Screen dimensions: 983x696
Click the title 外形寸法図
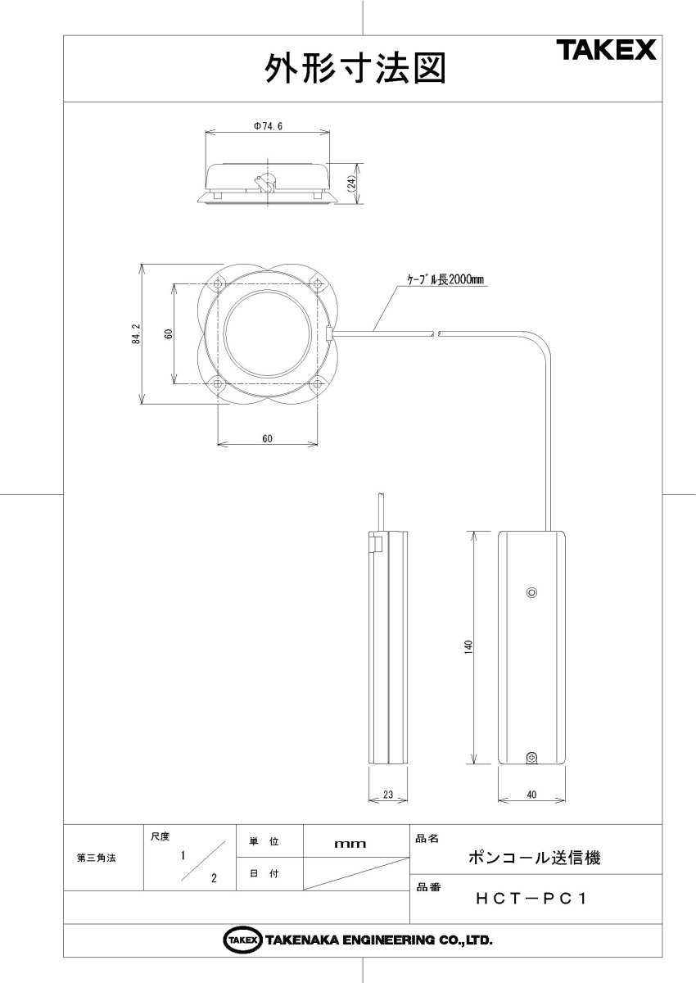355,70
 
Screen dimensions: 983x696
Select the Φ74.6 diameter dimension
268,127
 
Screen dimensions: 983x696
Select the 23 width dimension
388,792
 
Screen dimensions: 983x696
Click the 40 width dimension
532,792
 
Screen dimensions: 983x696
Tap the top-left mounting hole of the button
217,284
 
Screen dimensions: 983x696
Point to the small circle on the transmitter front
531,592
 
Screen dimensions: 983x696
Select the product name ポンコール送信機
534,858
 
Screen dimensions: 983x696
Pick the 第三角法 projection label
97,858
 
